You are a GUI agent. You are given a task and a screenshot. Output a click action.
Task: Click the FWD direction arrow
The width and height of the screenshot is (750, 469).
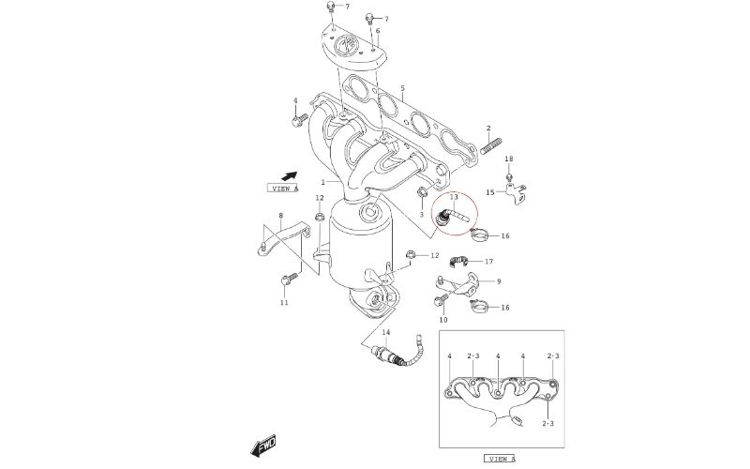pos(263,446)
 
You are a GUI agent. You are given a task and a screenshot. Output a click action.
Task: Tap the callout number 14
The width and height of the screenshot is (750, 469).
pos(386,332)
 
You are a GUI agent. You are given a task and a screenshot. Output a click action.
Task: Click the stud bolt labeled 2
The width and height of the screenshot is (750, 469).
pos(491,146)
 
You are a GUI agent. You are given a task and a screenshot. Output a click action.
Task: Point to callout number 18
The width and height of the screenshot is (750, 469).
pos(509,159)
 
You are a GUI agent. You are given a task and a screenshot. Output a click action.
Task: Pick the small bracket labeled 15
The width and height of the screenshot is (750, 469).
pos(517,193)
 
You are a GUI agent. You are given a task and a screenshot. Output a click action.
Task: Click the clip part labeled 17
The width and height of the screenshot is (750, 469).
pos(459,261)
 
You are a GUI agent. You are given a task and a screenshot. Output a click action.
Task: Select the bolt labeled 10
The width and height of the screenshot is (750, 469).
pos(441,300)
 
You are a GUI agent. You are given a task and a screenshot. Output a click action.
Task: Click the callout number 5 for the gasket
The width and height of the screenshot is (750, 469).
pos(403,88)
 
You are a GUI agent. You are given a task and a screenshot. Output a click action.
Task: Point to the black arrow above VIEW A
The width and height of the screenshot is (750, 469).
pos(289,176)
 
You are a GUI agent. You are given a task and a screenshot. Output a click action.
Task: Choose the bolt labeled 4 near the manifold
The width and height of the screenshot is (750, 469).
pos(299,120)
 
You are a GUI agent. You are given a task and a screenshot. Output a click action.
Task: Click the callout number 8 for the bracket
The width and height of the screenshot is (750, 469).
pos(280,216)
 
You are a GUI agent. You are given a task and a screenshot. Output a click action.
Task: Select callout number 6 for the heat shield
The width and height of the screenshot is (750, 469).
pos(378,31)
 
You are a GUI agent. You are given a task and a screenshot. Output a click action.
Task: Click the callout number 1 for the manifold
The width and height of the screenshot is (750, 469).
pos(323,182)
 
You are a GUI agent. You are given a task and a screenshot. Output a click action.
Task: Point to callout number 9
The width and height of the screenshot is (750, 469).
pos(499,281)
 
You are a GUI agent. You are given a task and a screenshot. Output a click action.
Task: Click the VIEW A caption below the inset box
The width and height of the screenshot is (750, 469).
pos(501,459)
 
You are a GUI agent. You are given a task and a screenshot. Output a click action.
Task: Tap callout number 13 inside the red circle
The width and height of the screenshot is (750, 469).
pos(454,197)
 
